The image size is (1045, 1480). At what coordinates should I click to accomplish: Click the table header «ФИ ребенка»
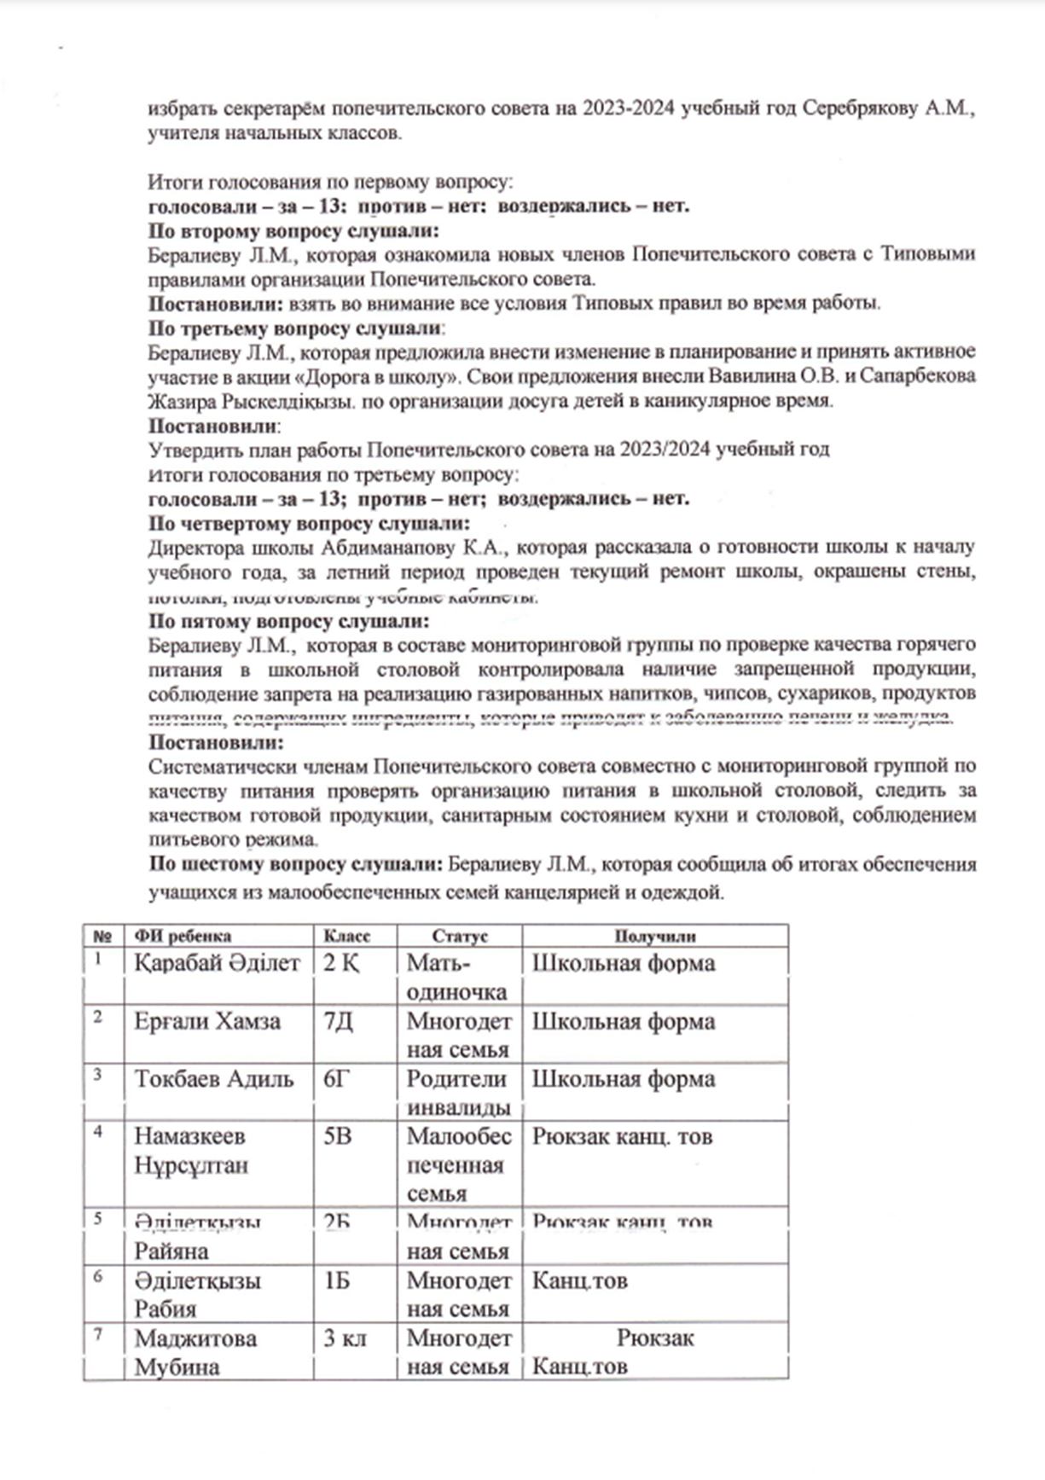183,936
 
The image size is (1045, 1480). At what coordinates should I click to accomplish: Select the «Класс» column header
347,936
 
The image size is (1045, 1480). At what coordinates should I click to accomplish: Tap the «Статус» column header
459,936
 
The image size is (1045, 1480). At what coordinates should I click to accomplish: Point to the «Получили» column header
654,936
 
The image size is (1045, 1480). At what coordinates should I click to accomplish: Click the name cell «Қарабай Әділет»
217,963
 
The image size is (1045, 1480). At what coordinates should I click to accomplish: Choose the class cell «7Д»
338,1021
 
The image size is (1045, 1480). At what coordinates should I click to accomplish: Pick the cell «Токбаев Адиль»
213,1079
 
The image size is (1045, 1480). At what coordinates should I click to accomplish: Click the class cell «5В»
338,1136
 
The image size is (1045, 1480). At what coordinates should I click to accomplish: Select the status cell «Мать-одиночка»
457,978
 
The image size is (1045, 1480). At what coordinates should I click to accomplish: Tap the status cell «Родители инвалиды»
458,1093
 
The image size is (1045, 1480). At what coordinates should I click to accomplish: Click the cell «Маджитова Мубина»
195,1352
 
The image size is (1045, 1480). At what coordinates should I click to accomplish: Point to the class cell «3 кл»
345,1338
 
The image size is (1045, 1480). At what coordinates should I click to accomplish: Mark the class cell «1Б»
337,1280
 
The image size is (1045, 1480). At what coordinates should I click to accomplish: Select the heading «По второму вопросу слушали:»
294,230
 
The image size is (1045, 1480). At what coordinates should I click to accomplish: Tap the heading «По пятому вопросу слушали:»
289,621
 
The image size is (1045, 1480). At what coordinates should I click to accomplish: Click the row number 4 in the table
98,1132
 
